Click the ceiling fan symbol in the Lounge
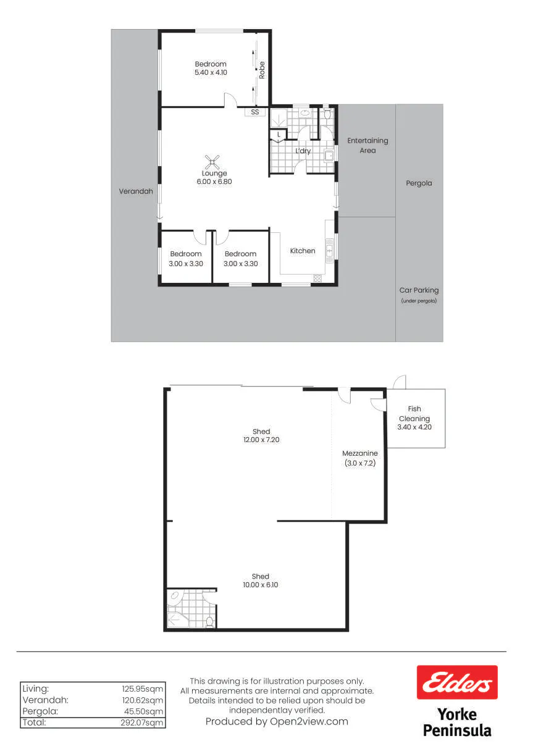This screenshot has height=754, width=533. (x=212, y=162)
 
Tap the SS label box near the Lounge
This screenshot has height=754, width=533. (x=255, y=112)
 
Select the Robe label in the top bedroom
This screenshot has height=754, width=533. (x=262, y=70)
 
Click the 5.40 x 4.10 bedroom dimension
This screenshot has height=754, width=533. (x=211, y=72)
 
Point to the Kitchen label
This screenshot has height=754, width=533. (x=303, y=251)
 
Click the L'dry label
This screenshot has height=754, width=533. (x=303, y=151)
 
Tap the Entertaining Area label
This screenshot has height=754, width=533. (x=367, y=145)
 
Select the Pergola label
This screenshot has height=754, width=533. (x=419, y=183)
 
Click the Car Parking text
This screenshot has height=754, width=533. (x=419, y=290)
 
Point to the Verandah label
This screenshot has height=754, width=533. (x=136, y=191)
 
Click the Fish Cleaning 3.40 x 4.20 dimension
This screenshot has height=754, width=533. (x=414, y=427)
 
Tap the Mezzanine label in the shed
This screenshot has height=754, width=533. (x=360, y=453)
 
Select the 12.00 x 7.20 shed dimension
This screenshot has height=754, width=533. (x=261, y=440)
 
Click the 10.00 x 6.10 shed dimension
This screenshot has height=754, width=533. (x=261, y=585)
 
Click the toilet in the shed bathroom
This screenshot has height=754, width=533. (x=209, y=621)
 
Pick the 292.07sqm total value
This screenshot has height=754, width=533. (x=142, y=723)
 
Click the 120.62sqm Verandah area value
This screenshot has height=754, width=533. (x=143, y=700)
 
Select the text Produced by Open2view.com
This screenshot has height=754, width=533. (x=277, y=721)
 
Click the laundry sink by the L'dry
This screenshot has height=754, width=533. (x=329, y=156)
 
